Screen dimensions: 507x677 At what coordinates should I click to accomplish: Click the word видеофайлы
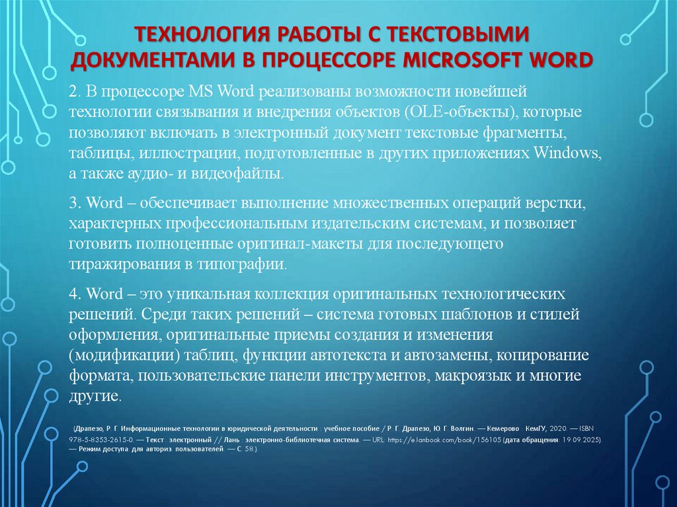(x=249, y=175)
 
